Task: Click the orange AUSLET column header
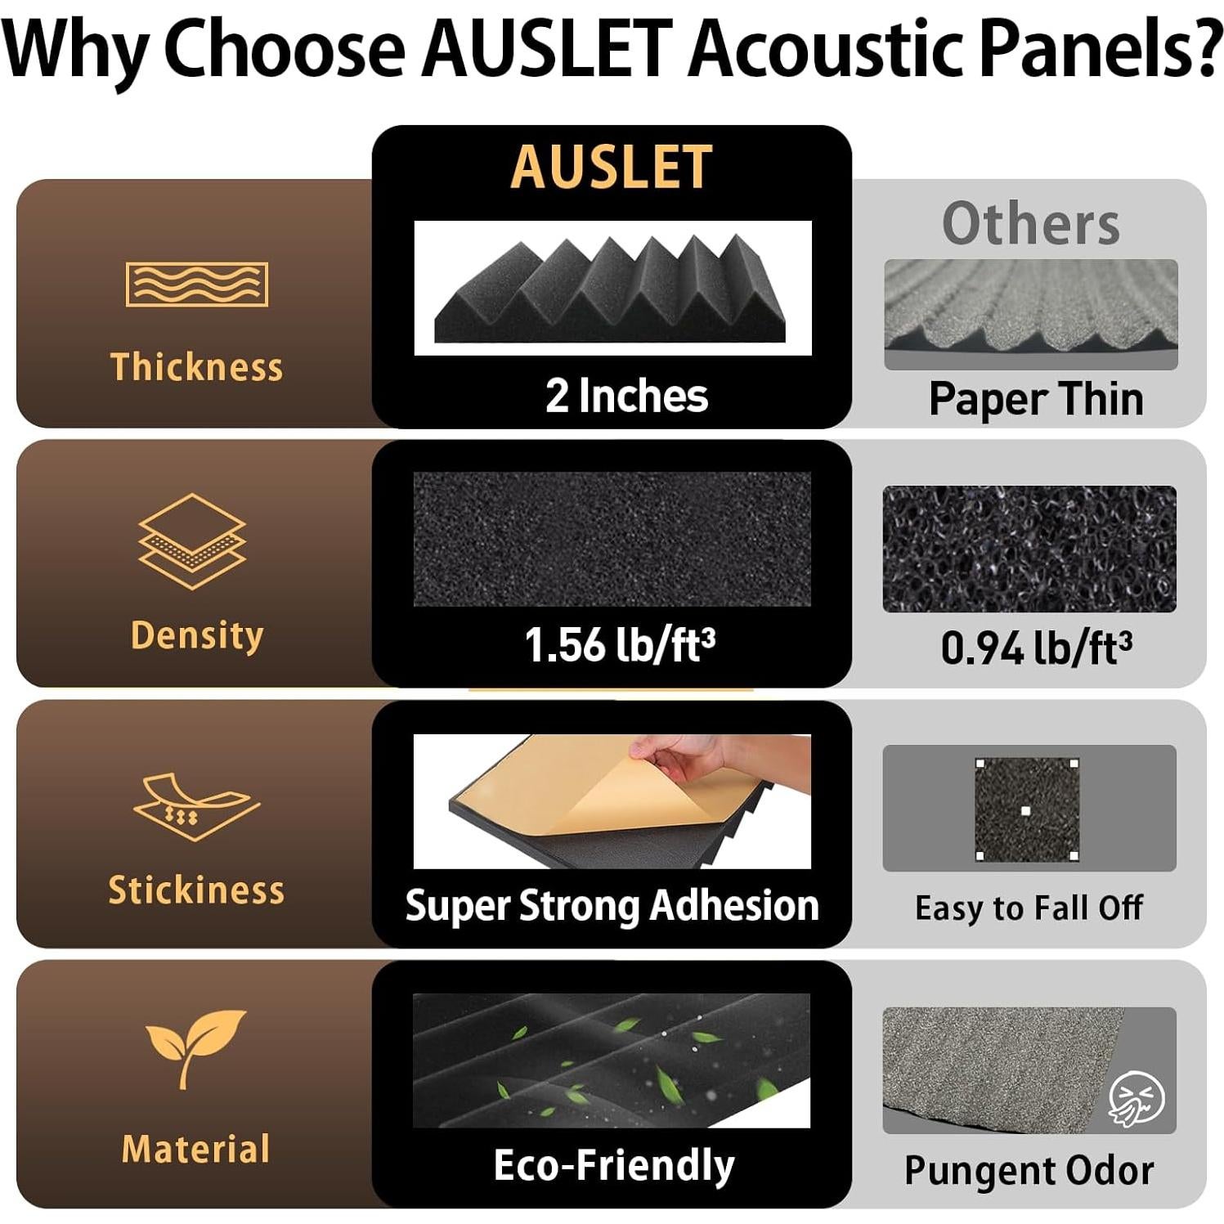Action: click(x=612, y=168)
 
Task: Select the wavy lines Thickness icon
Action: click(x=197, y=284)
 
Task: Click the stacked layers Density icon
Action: click(x=192, y=541)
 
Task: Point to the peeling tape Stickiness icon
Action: click(x=196, y=806)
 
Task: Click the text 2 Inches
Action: click(x=626, y=396)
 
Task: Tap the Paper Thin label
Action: click(x=1036, y=399)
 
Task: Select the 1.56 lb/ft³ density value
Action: click(x=620, y=644)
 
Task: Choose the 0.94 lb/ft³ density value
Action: click(x=1037, y=648)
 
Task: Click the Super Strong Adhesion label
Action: click(x=612, y=906)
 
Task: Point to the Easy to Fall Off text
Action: click(x=1029, y=908)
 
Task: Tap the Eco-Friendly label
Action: click(x=614, y=1165)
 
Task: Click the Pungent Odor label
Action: click(x=1029, y=1170)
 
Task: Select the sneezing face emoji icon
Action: click(x=1137, y=1098)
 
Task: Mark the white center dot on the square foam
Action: click(x=1026, y=810)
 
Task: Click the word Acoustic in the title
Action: click(x=827, y=49)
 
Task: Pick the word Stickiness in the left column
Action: click(x=196, y=890)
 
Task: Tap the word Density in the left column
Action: click(x=197, y=635)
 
